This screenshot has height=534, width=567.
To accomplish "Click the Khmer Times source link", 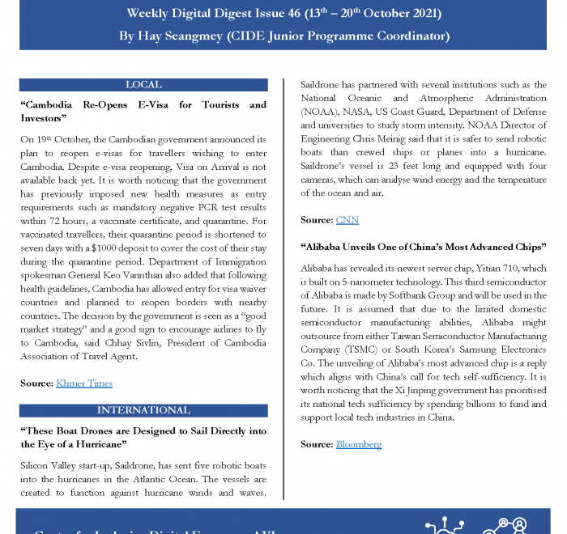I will pos(84,384).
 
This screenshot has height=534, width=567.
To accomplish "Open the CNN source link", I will pos(346,220).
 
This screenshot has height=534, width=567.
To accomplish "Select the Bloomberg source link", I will pos(358,444).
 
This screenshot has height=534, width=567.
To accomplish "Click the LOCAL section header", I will pos(143,85).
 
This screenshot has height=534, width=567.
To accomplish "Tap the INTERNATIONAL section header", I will pos(143,410).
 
